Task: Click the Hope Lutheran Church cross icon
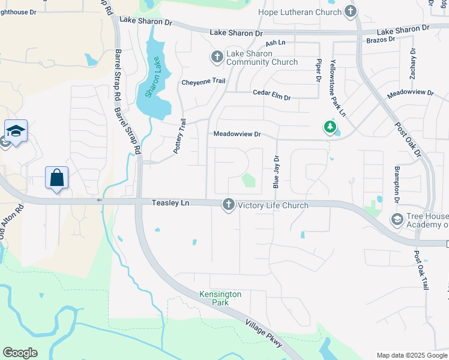pyautogui.click(x=351, y=12)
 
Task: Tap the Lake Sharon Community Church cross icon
pyautogui.click(x=217, y=57)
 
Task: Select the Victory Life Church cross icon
pyautogui.click(x=228, y=205)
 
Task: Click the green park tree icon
pyautogui.click(x=329, y=127)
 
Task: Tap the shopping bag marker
pyautogui.click(x=56, y=178)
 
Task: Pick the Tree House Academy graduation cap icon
pyautogui.click(x=396, y=220)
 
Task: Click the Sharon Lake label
pyautogui.click(x=154, y=78)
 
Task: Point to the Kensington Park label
pyautogui.click(x=220, y=298)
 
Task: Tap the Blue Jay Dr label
pyautogui.click(x=276, y=172)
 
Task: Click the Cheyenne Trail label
pyautogui.click(x=203, y=82)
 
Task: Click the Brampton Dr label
pyautogui.click(x=396, y=183)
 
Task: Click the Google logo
pyautogui.click(x=20, y=353)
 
